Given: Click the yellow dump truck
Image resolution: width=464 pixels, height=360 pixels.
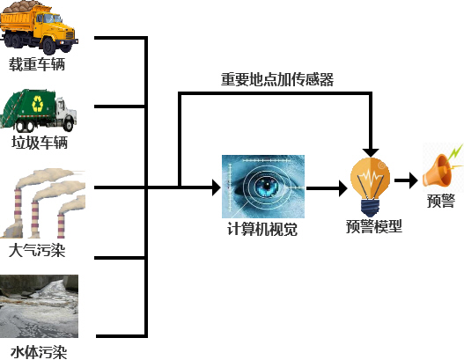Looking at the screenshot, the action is [x=39, y=27].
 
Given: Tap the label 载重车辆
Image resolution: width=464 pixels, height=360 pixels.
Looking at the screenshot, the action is [x=37, y=64].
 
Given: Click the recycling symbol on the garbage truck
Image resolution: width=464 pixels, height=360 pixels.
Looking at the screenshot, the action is [x=38, y=104].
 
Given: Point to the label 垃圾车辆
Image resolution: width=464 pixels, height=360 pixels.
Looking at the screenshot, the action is [x=40, y=143].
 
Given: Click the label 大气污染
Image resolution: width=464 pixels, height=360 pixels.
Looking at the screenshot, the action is [x=37, y=250].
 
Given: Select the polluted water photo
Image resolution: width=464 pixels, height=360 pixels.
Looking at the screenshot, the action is [x=39, y=306].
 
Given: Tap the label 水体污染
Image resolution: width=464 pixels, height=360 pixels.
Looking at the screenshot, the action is [x=39, y=352].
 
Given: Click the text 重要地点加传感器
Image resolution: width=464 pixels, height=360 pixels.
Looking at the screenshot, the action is [x=277, y=79].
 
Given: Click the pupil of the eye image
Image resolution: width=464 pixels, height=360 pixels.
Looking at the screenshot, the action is [x=267, y=186].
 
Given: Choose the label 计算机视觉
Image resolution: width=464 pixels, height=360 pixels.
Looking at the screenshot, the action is [x=262, y=229].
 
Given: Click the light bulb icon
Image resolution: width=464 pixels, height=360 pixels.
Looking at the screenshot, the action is [x=370, y=187].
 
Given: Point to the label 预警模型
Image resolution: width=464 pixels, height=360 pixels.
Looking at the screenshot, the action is [x=374, y=226].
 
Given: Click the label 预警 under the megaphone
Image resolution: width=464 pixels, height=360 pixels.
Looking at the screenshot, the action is [x=441, y=201].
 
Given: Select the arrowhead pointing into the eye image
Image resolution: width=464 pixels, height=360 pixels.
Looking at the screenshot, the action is [x=217, y=187].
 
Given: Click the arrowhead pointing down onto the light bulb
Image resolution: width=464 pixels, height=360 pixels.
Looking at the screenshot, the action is [x=371, y=152].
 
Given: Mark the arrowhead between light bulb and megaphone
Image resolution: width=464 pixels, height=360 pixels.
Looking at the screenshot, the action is [x=414, y=180].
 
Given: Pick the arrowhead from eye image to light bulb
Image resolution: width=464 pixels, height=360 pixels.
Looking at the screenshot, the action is [x=343, y=188].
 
